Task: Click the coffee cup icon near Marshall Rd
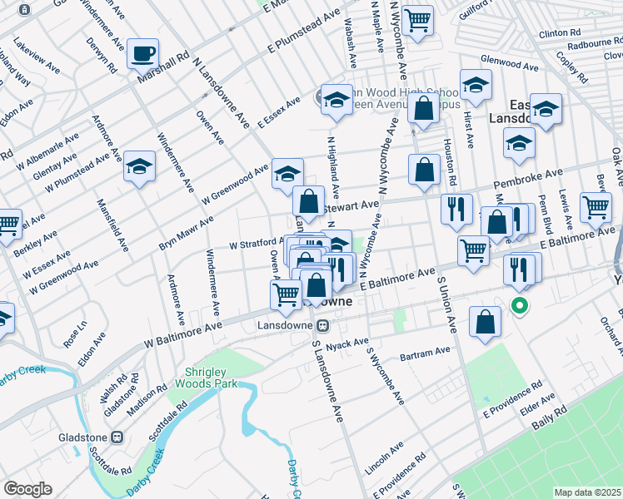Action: (x=143, y=54)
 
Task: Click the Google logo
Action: (x=27, y=489)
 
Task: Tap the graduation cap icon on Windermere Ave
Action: (x=140, y=167)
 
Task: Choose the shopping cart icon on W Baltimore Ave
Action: (x=286, y=294)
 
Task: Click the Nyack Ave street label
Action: (x=347, y=343)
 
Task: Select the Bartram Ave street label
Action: (x=425, y=353)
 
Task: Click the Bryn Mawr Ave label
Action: (x=186, y=234)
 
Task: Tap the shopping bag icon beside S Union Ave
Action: (x=485, y=324)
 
